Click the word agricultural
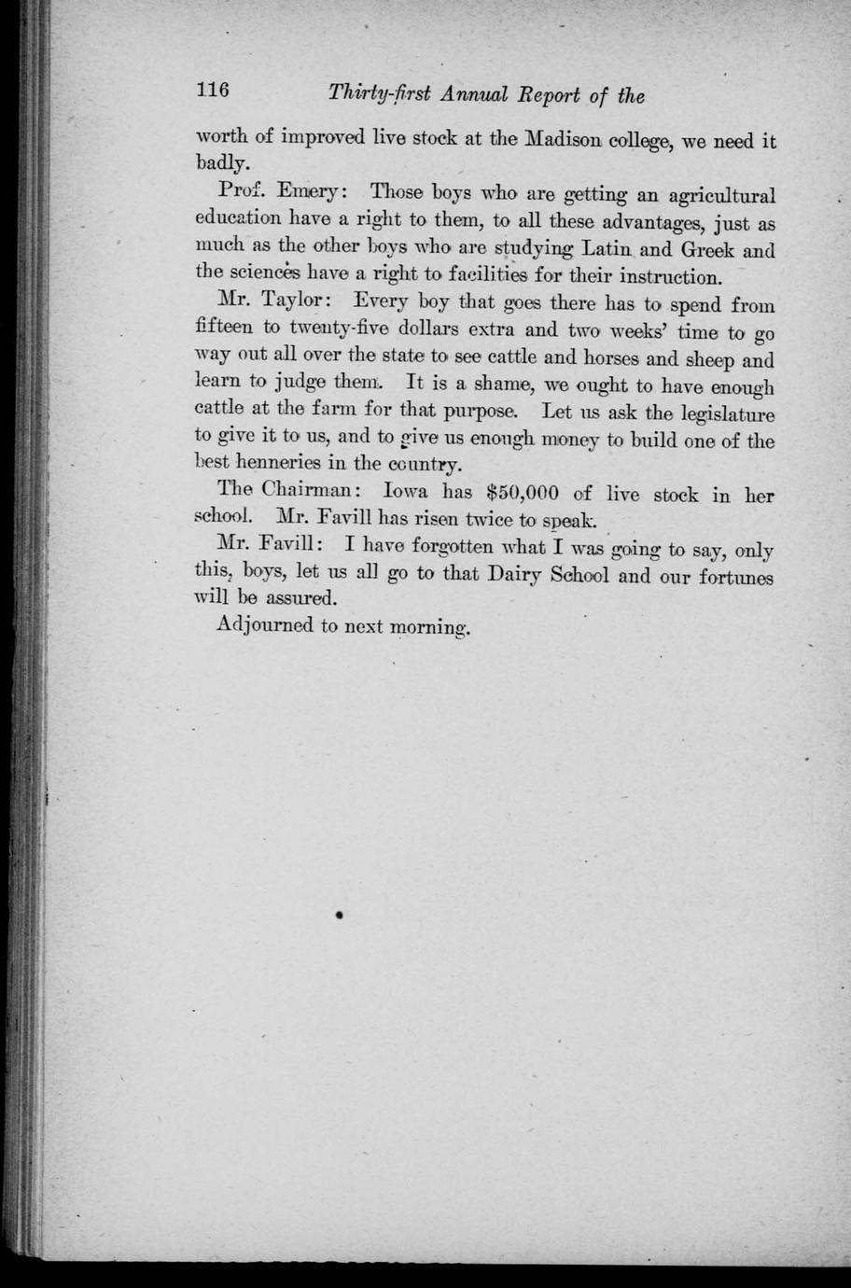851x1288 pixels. coord(709,198)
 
